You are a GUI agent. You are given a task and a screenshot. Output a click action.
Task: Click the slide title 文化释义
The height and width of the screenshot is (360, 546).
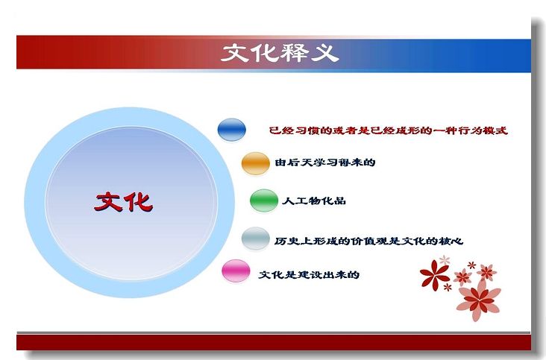280,53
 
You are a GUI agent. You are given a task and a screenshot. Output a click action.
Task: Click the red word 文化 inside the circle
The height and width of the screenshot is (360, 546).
124,202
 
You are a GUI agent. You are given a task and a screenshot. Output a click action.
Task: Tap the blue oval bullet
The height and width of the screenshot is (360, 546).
231,130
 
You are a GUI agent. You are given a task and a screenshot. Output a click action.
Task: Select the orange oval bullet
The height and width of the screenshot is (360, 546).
256,163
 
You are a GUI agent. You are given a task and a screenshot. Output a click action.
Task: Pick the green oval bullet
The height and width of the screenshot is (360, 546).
264,200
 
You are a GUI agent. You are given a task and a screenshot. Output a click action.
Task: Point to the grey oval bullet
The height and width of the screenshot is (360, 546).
256,239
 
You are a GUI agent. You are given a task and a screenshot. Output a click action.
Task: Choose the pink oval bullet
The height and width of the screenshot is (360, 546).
236,271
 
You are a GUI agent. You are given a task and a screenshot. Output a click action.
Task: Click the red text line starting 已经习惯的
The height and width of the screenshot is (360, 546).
389,130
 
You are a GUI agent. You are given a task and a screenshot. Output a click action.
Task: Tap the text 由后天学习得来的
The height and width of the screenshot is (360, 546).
325,162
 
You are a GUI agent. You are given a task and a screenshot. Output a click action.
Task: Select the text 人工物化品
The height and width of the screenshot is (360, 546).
314,200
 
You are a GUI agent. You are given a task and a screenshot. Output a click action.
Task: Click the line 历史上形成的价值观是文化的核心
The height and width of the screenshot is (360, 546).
368,241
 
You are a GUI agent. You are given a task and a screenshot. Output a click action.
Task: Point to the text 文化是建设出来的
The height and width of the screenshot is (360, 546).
309,274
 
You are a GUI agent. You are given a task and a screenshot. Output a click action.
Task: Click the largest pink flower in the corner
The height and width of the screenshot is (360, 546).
479,300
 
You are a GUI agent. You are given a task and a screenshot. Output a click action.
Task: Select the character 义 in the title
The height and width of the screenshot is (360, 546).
325,53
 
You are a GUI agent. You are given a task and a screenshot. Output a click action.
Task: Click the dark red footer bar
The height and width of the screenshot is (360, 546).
274,343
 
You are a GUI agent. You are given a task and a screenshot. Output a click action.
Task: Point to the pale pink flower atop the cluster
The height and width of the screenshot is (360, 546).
445,259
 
